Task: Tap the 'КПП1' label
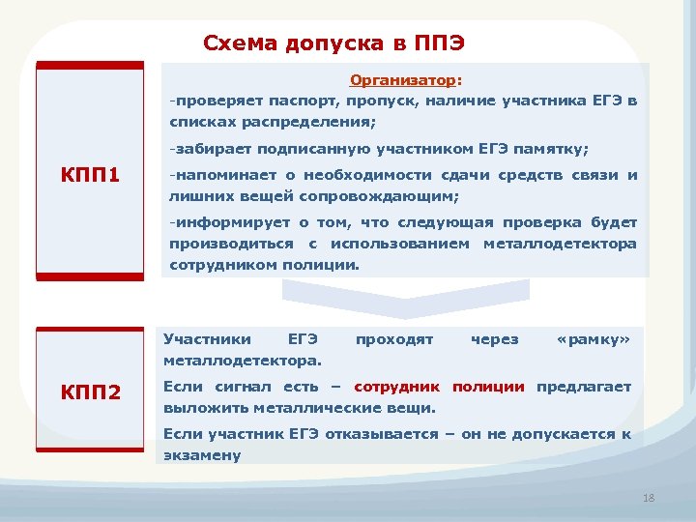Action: pos(90,176)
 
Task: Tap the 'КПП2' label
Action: pos(90,392)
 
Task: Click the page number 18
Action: pos(648,498)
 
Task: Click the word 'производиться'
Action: pos(229,244)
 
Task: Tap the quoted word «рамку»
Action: pos(594,339)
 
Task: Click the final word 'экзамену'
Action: pos(202,455)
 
